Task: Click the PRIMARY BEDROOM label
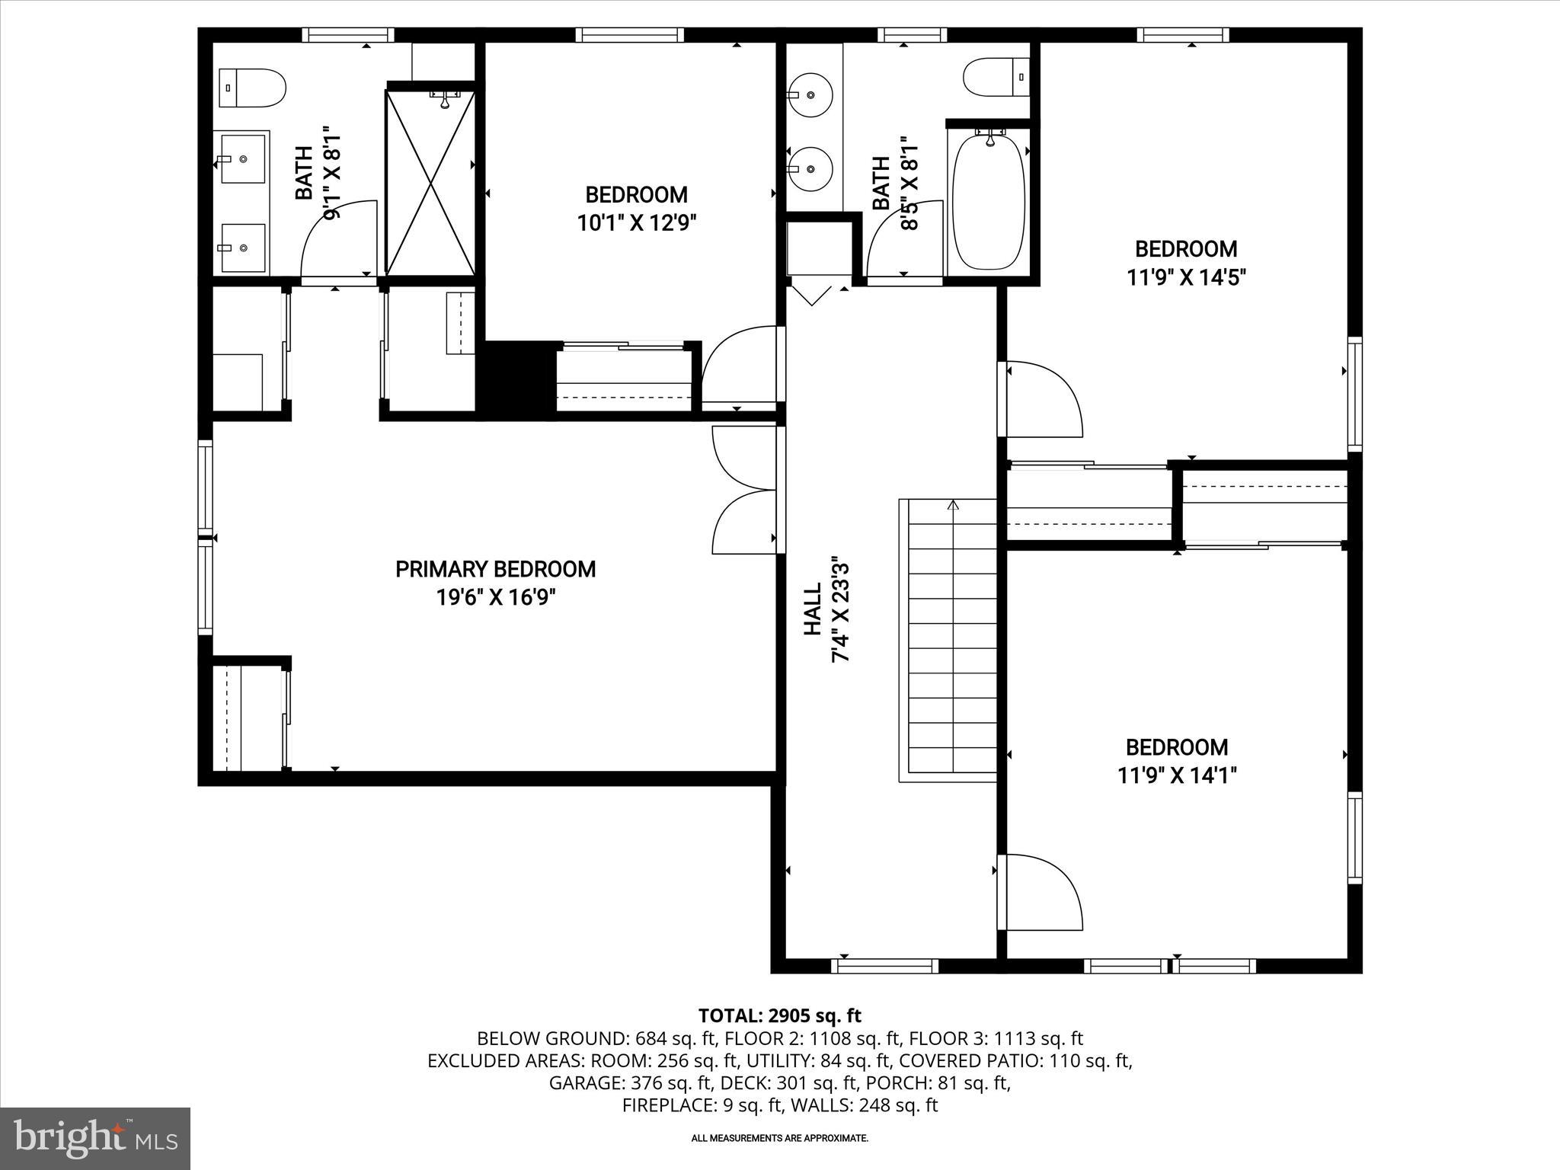[x=495, y=569]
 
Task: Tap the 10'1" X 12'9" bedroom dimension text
[x=637, y=223]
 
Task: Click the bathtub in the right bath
[x=989, y=200]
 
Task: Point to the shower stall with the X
[x=430, y=183]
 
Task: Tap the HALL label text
[x=813, y=609]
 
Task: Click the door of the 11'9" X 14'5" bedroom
[x=1042, y=400]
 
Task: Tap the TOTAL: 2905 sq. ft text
[x=779, y=1015]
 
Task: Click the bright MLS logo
[x=95, y=1139]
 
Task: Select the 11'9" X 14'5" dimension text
[x=1186, y=277]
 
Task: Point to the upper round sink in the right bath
[x=810, y=94]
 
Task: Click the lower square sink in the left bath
[x=243, y=248]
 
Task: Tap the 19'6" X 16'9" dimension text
[x=495, y=598]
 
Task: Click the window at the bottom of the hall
[x=884, y=966]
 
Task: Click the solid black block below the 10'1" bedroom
[x=515, y=379]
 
